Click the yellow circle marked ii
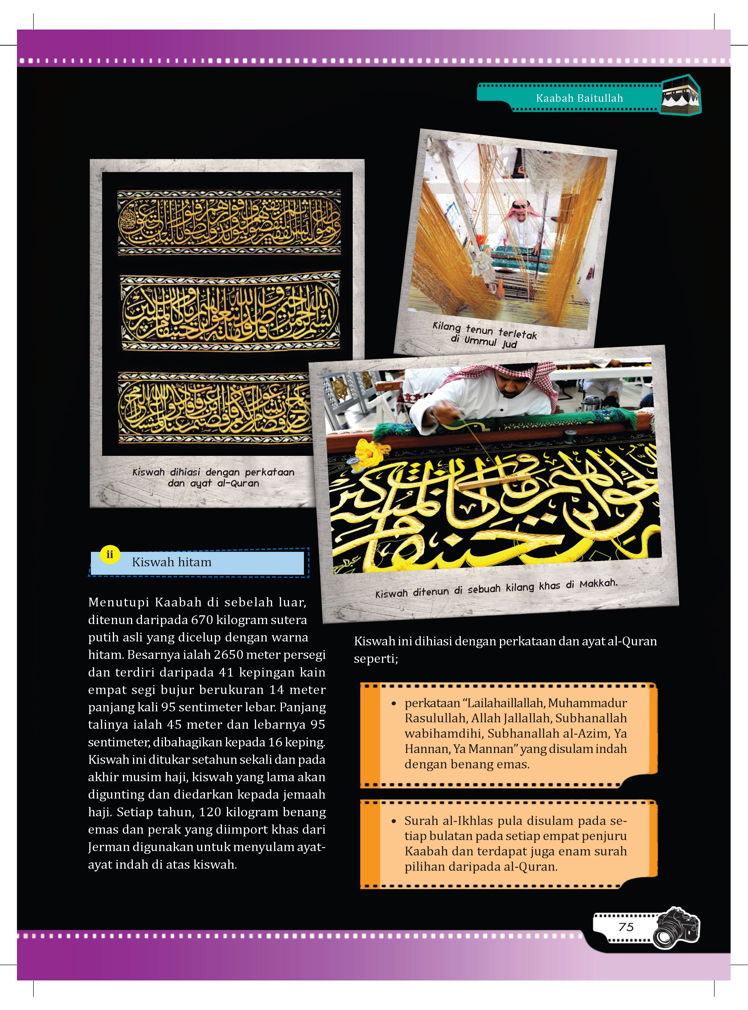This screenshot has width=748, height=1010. (x=109, y=554)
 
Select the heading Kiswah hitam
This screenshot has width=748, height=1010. (x=172, y=562)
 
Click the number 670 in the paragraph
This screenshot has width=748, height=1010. (x=204, y=620)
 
